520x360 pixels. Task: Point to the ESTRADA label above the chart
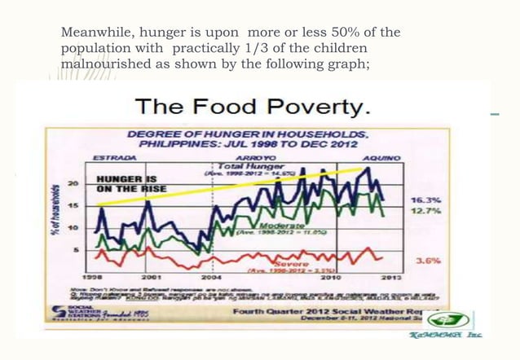(x=114, y=155)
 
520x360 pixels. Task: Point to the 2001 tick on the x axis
(x=152, y=277)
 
